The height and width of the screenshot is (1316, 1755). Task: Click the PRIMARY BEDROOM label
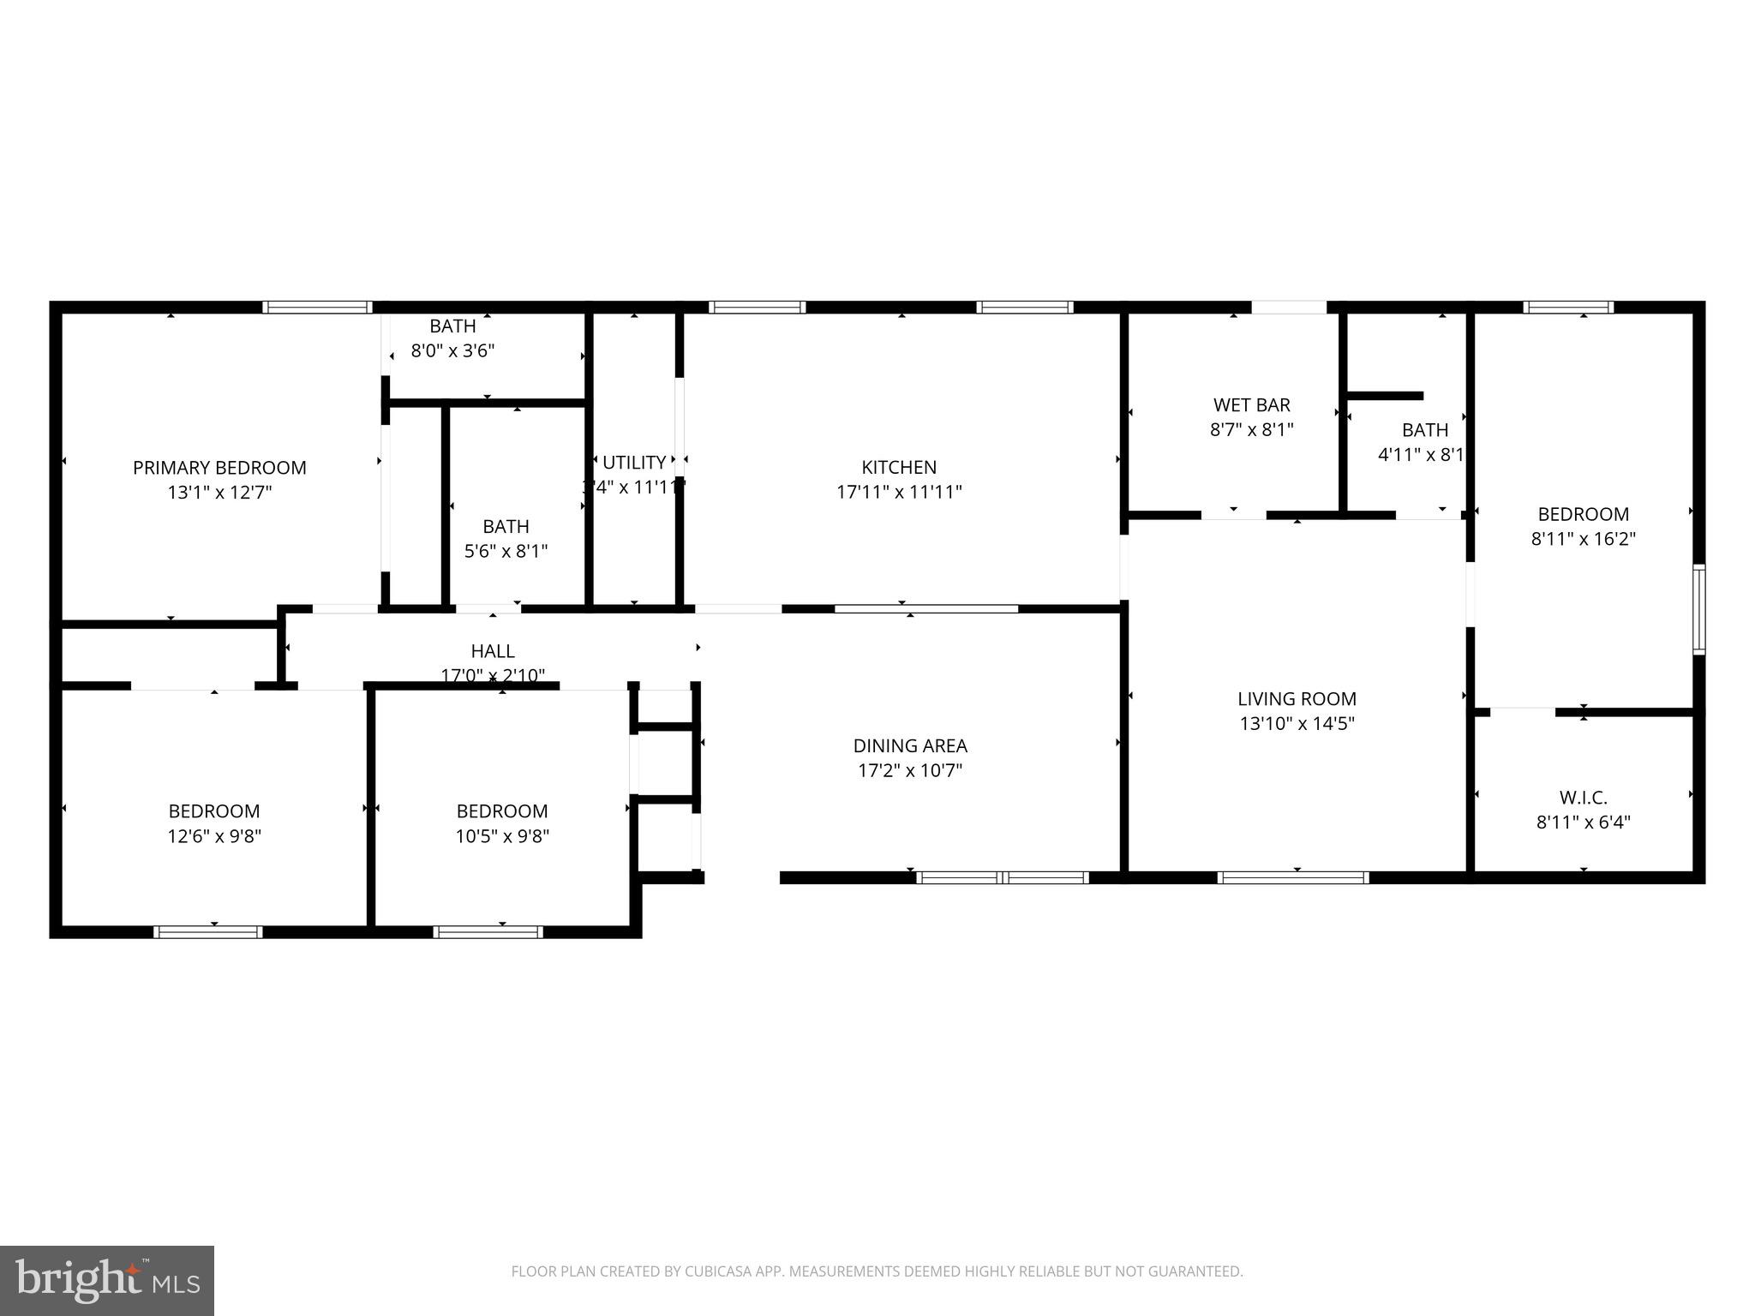(219, 468)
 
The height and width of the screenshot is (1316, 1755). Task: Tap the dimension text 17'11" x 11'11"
(899, 493)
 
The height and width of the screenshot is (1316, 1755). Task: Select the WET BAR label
(1251, 405)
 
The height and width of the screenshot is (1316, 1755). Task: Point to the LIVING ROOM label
(1297, 699)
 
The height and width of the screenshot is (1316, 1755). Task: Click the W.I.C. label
(1583, 798)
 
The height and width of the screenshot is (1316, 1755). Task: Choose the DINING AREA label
(910, 746)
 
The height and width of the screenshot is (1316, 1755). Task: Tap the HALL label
(493, 651)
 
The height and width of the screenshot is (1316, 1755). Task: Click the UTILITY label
(634, 463)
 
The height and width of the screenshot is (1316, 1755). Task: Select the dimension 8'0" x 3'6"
(452, 350)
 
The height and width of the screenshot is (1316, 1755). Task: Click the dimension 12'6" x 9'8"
(214, 836)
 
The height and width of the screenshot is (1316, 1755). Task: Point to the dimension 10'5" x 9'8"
(502, 836)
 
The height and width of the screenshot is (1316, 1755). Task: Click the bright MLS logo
(107, 1280)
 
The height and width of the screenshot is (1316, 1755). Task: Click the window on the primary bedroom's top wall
(317, 308)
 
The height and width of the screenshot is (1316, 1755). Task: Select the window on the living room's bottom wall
(1292, 877)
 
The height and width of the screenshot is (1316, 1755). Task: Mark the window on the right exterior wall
(1698, 609)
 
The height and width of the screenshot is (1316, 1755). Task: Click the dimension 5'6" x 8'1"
(506, 552)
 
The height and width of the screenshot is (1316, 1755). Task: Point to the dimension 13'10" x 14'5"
(1297, 724)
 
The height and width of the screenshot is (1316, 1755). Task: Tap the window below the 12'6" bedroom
(208, 932)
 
